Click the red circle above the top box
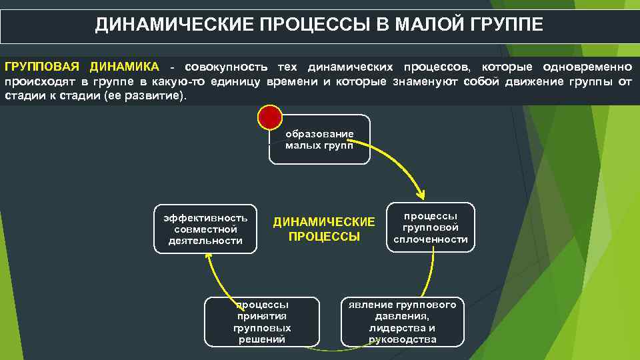270,117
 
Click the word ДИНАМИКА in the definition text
127,67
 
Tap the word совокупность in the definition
227,67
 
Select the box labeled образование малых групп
319,140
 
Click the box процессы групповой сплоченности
431,227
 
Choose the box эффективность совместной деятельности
205,229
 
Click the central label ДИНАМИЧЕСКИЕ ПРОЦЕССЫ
324,229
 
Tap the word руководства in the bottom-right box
402,339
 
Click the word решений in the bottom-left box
262,339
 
